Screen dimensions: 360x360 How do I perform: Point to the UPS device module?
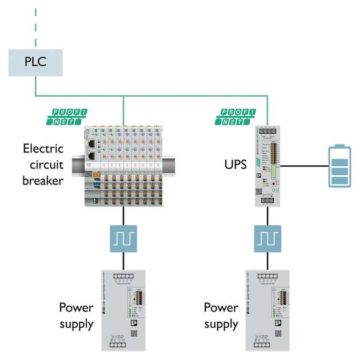[x=267, y=165]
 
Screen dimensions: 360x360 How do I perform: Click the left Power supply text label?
[x=77, y=316]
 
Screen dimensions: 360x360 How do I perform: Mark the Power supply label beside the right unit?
[x=221, y=316]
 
